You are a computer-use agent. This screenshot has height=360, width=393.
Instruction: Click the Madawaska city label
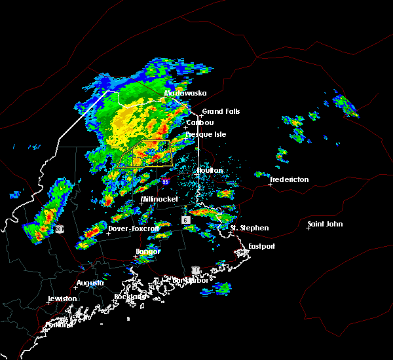click(x=185, y=93)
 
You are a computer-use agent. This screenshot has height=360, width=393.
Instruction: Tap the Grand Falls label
click(x=221, y=111)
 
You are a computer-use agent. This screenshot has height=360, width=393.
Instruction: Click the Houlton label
click(x=210, y=170)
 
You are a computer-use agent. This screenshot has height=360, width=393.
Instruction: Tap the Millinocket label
click(x=159, y=199)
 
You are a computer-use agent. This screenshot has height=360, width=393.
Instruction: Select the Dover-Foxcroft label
click(x=134, y=228)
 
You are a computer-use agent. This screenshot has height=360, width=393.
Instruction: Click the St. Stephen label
click(x=249, y=228)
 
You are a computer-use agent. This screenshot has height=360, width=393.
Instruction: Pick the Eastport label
click(x=261, y=246)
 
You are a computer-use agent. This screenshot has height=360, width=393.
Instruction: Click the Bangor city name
click(x=147, y=251)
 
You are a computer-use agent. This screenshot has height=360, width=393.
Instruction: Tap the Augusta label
click(x=90, y=283)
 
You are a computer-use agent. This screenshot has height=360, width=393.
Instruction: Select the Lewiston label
click(x=62, y=298)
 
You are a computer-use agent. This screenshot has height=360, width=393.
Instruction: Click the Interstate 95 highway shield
click(x=166, y=181)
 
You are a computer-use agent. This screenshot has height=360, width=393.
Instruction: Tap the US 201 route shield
click(x=59, y=228)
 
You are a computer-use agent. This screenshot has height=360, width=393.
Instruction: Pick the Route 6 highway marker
click(x=186, y=220)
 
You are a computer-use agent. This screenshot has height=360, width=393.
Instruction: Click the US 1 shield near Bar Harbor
click(x=195, y=270)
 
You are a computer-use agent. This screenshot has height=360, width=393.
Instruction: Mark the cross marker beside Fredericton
click(x=270, y=184)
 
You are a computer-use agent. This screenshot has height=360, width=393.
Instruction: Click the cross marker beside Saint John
click(x=308, y=228)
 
